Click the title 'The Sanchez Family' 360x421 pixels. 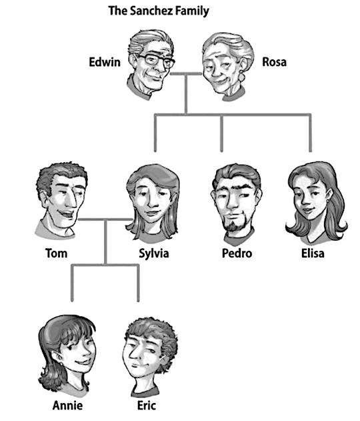coord(159,11)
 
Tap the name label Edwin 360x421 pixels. coord(105,62)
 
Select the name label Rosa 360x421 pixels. coord(274,62)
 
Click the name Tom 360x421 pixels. coord(57,253)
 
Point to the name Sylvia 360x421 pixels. coord(154,254)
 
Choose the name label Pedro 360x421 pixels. coord(237,253)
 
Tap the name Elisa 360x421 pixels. coord(313,253)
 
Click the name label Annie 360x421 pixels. coord(67,405)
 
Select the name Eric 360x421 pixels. coord(147,405)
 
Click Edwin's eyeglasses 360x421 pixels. coord(155,60)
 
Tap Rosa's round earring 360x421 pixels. coord(242,77)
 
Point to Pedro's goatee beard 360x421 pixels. coord(235,224)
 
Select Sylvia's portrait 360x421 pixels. coord(152,203)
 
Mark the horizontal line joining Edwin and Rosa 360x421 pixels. coord(186,74)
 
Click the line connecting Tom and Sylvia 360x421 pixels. coord(105,220)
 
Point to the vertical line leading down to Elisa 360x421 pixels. coord(311,133)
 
